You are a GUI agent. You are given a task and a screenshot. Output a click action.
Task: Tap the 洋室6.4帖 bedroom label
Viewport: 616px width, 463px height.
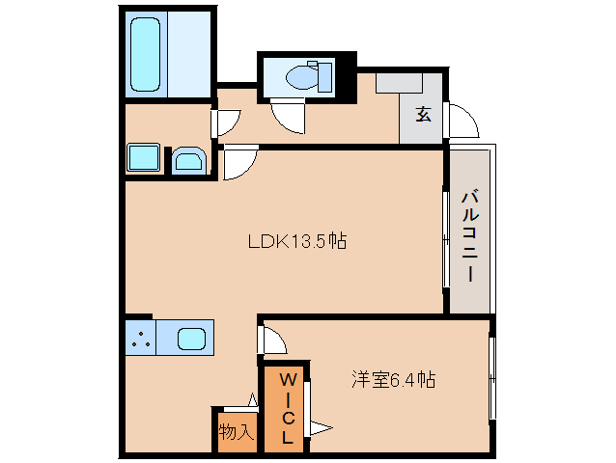tap(392, 380)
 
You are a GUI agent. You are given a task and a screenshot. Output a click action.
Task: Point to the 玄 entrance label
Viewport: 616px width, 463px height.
tap(423, 115)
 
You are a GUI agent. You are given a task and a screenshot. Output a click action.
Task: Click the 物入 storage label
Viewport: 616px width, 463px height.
tap(235, 431)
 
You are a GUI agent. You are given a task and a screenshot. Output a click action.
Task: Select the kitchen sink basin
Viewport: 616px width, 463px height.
tap(190, 340)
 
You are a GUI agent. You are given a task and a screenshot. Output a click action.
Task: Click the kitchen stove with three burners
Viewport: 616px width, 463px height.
tap(140, 340)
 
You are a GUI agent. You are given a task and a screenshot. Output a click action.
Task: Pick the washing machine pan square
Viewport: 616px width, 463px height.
tap(144, 158)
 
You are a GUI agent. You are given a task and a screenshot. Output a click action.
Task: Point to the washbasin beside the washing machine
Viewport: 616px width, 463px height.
tap(188, 161)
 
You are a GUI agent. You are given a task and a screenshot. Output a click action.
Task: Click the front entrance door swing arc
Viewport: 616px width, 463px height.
tap(462, 122)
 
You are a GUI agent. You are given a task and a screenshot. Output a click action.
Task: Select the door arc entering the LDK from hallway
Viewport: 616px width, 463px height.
tap(239, 165)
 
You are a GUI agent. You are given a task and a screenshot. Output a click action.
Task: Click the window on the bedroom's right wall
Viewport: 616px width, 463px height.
tap(491, 377)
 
